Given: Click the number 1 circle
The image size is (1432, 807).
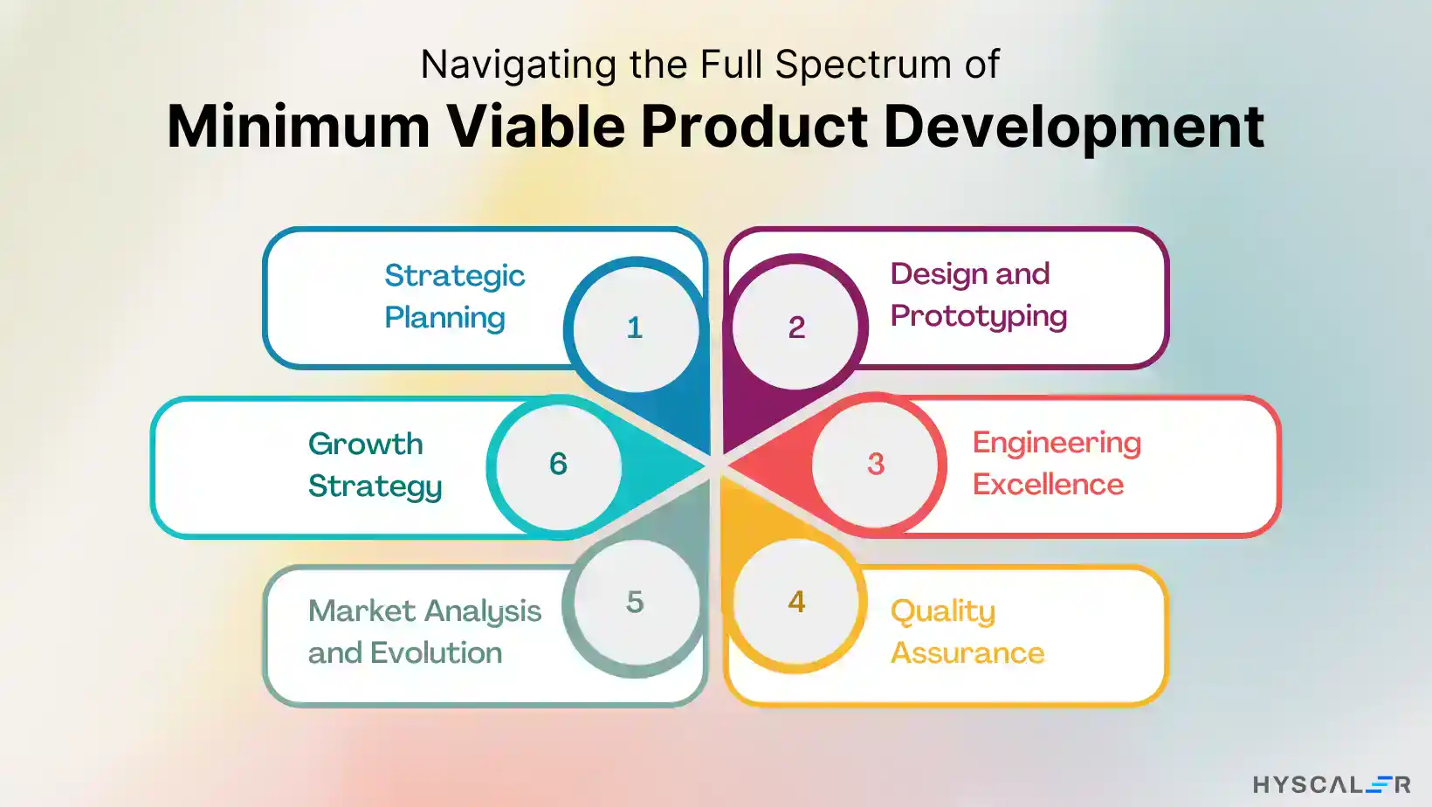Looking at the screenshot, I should click(635, 328).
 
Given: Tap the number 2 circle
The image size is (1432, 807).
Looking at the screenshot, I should click(796, 327).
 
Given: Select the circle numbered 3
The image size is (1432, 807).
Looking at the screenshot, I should click(876, 464).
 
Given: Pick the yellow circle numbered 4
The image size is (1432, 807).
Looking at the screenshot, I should click(796, 602).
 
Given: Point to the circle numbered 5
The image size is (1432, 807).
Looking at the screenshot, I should click(635, 602).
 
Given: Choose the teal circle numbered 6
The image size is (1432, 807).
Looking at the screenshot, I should click(558, 464).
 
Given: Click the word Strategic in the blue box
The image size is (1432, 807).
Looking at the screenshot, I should click(454, 276).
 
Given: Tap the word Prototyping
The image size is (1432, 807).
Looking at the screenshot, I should click(978, 316).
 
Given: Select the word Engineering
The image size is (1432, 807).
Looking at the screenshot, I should click(1057, 443).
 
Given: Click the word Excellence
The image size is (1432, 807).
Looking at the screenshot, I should click(1048, 485).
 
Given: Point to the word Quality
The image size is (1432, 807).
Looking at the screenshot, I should click(942, 611).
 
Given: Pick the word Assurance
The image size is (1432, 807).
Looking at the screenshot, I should click(967, 653).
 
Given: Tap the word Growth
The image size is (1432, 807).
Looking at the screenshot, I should click(365, 444).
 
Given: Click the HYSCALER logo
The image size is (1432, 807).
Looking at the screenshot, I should click(1331, 784).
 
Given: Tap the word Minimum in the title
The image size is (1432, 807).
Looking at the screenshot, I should click(298, 127).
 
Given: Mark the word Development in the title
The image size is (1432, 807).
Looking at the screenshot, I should click(1073, 127).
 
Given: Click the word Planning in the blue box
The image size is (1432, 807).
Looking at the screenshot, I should click(444, 318).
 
